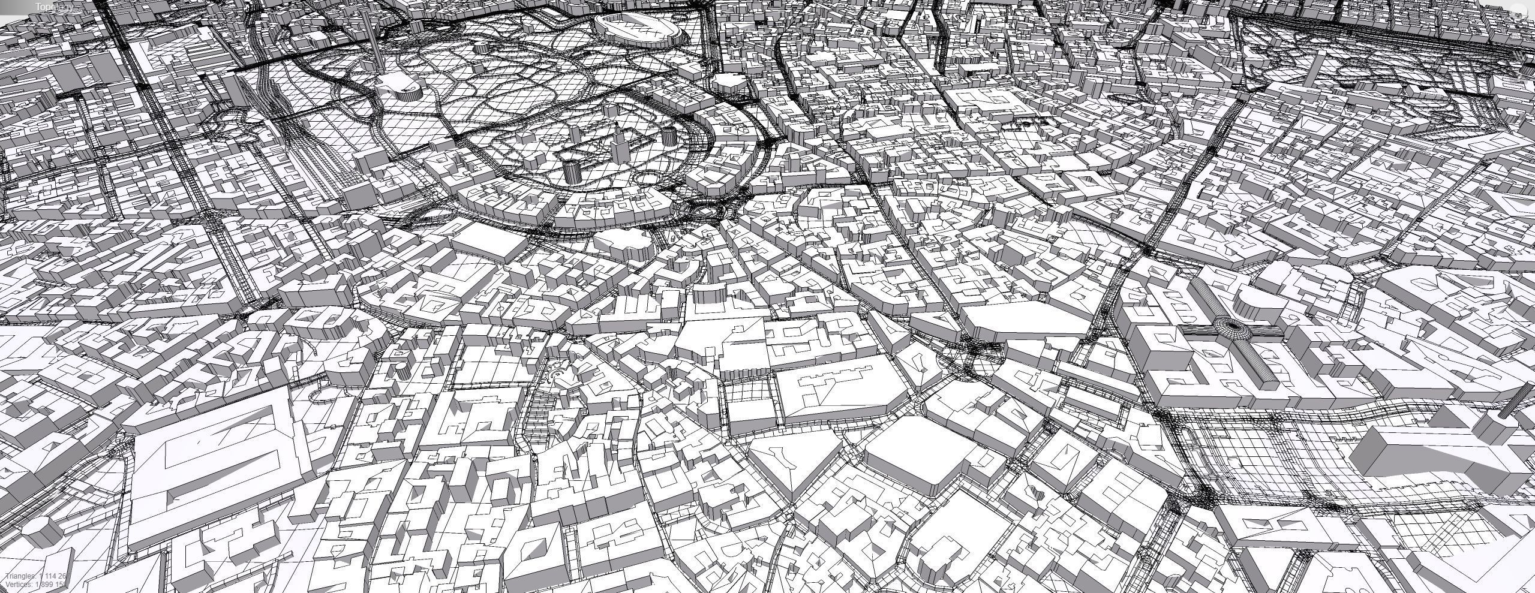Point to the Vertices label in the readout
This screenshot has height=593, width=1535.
19,584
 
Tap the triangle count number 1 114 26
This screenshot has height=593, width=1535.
53,576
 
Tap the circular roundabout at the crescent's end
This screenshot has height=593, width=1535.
701,209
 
